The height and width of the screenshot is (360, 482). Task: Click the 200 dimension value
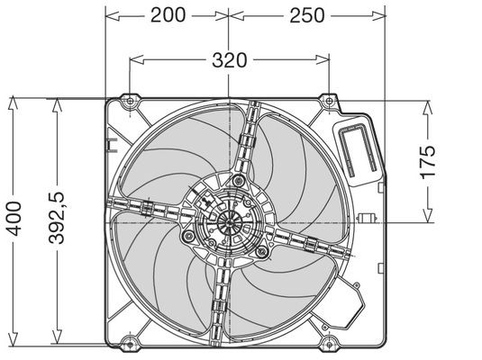(x=168, y=15)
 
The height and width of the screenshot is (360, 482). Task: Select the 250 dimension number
(x=307, y=15)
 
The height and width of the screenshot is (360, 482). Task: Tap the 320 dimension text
(x=230, y=60)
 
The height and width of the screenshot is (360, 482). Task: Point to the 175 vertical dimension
(x=428, y=162)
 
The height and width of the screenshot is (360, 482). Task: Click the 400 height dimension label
(x=14, y=219)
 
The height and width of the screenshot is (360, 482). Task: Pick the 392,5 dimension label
(x=57, y=218)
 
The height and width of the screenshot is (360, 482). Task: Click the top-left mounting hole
(x=130, y=101)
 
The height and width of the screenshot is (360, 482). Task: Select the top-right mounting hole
(x=329, y=101)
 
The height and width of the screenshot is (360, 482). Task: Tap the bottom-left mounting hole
(x=130, y=344)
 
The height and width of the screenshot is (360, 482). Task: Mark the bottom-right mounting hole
(x=329, y=344)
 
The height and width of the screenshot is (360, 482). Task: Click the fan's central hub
(x=229, y=222)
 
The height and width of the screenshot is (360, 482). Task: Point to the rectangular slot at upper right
(x=358, y=149)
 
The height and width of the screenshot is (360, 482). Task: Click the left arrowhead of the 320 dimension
(x=136, y=60)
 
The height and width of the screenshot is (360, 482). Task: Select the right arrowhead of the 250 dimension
(x=378, y=15)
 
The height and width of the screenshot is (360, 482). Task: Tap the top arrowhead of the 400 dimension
(x=13, y=103)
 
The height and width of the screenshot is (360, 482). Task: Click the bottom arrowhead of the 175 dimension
(x=427, y=216)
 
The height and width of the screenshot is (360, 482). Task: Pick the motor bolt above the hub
(x=238, y=180)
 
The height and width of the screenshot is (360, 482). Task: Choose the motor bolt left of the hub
(x=187, y=236)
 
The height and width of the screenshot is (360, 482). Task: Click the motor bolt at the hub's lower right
(x=261, y=252)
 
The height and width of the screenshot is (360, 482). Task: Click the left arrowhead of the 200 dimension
(x=113, y=15)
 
